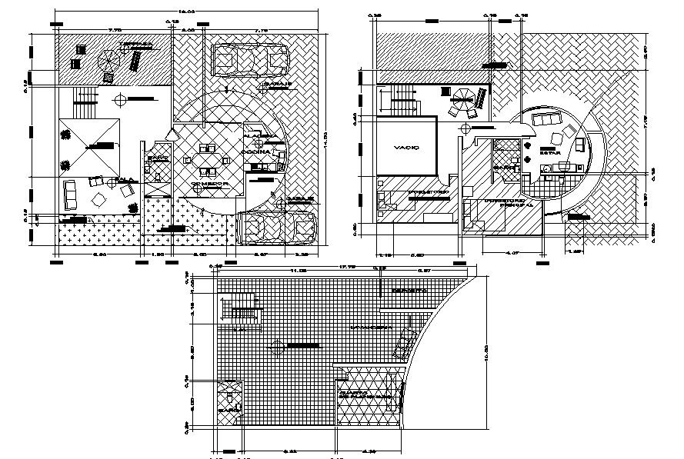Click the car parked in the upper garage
(249, 58)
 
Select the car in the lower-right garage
(279, 228)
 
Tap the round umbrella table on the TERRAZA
(108, 59)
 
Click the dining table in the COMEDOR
(205, 161)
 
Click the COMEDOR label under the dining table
(205, 185)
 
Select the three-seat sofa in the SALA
(70, 195)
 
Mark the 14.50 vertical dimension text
(326, 135)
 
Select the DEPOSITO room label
(409, 291)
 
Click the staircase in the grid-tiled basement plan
(240, 315)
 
